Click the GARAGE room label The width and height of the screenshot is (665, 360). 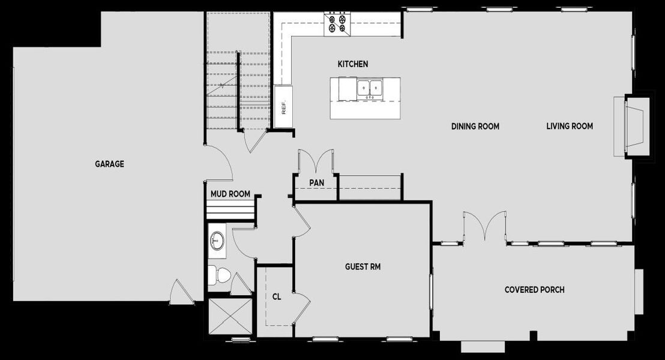pyautogui.click(x=109, y=164)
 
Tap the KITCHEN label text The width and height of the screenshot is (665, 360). pyautogui.click(x=353, y=64)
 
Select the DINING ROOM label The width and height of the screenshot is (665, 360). pyautogui.click(x=475, y=127)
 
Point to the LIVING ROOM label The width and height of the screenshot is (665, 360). pyautogui.click(x=570, y=126)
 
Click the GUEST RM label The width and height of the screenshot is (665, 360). pyautogui.click(x=363, y=266)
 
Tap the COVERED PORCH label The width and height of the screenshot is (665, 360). pyautogui.click(x=534, y=290)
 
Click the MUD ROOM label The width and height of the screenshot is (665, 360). pyautogui.click(x=230, y=194)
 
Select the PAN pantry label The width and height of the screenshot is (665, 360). pyautogui.click(x=317, y=182)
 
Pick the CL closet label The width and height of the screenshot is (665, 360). pyautogui.click(x=277, y=296)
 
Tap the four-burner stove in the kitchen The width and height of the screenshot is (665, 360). pyautogui.click(x=336, y=23)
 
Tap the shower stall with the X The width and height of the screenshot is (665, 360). pyautogui.click(x=230, y=317)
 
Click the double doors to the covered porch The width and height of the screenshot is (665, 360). pyautogui.click(x=484, y=227)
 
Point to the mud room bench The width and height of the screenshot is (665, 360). pyautogui.click(x=228, y=211)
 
